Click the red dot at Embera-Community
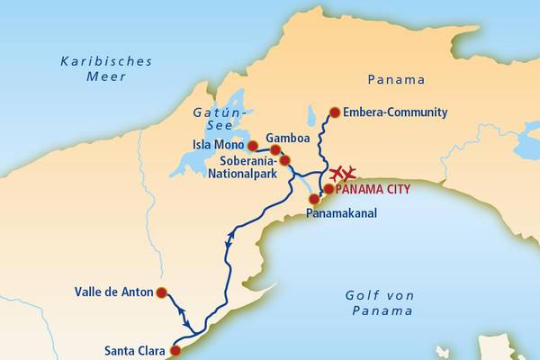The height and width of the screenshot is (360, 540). click(335, 112)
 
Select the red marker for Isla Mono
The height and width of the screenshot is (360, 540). click(253, 145)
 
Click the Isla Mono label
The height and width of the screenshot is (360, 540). click(219, 145)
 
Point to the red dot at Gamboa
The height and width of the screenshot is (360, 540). click(276, 149)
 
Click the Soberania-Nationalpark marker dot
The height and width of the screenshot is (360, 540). click(285, 161)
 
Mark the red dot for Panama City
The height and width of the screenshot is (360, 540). click(328, 189)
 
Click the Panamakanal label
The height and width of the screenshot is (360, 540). click(341, 214)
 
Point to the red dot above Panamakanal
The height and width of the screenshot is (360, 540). click(314, 199)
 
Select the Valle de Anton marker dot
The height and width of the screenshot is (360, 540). click(161, 292)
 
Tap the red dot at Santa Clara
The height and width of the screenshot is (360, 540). click(175, 351)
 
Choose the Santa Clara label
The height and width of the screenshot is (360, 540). click(134, 351)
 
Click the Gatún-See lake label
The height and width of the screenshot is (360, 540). click(218, 120)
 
